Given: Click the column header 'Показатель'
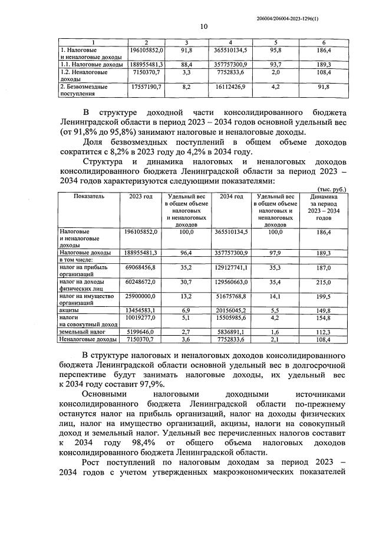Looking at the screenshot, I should coord(89,196).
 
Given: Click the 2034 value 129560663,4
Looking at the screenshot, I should coord(232,283).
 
